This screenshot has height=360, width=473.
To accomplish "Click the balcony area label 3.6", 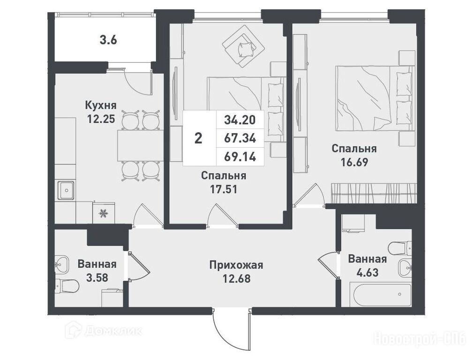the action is (108, 40).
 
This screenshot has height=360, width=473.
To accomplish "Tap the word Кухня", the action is (101, 105).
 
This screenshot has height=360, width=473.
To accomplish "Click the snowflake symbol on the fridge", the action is (104, 213).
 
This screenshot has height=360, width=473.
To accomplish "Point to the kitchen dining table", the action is (140, 145).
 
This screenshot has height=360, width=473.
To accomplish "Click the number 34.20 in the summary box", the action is (240, 120).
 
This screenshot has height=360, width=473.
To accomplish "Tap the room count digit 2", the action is (198, 139).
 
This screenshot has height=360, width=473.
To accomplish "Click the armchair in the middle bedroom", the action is (243, 46).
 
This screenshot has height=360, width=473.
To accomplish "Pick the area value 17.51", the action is (224, 189).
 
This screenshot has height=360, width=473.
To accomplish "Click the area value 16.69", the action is (354, 162).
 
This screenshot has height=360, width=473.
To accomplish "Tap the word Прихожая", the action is (236, 265).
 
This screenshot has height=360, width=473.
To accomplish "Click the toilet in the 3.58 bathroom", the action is (67, 285).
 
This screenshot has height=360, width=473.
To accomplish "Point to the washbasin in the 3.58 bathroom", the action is (62, 264).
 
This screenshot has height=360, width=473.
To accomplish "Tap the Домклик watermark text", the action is (113, 331).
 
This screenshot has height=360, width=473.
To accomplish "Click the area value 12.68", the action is (236, 278).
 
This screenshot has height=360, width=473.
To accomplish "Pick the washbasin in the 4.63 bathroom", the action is (405, 267).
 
